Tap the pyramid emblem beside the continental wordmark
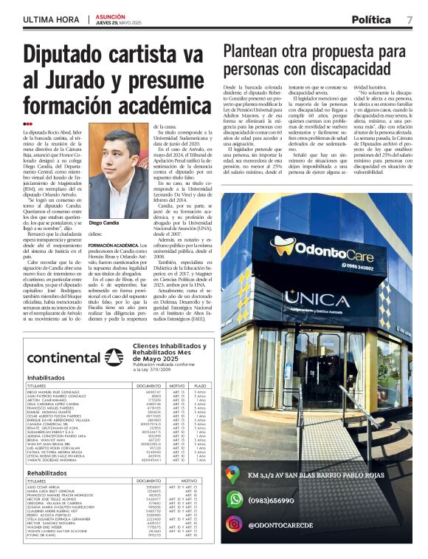click(114, 358)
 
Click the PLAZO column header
click(200, 386)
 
